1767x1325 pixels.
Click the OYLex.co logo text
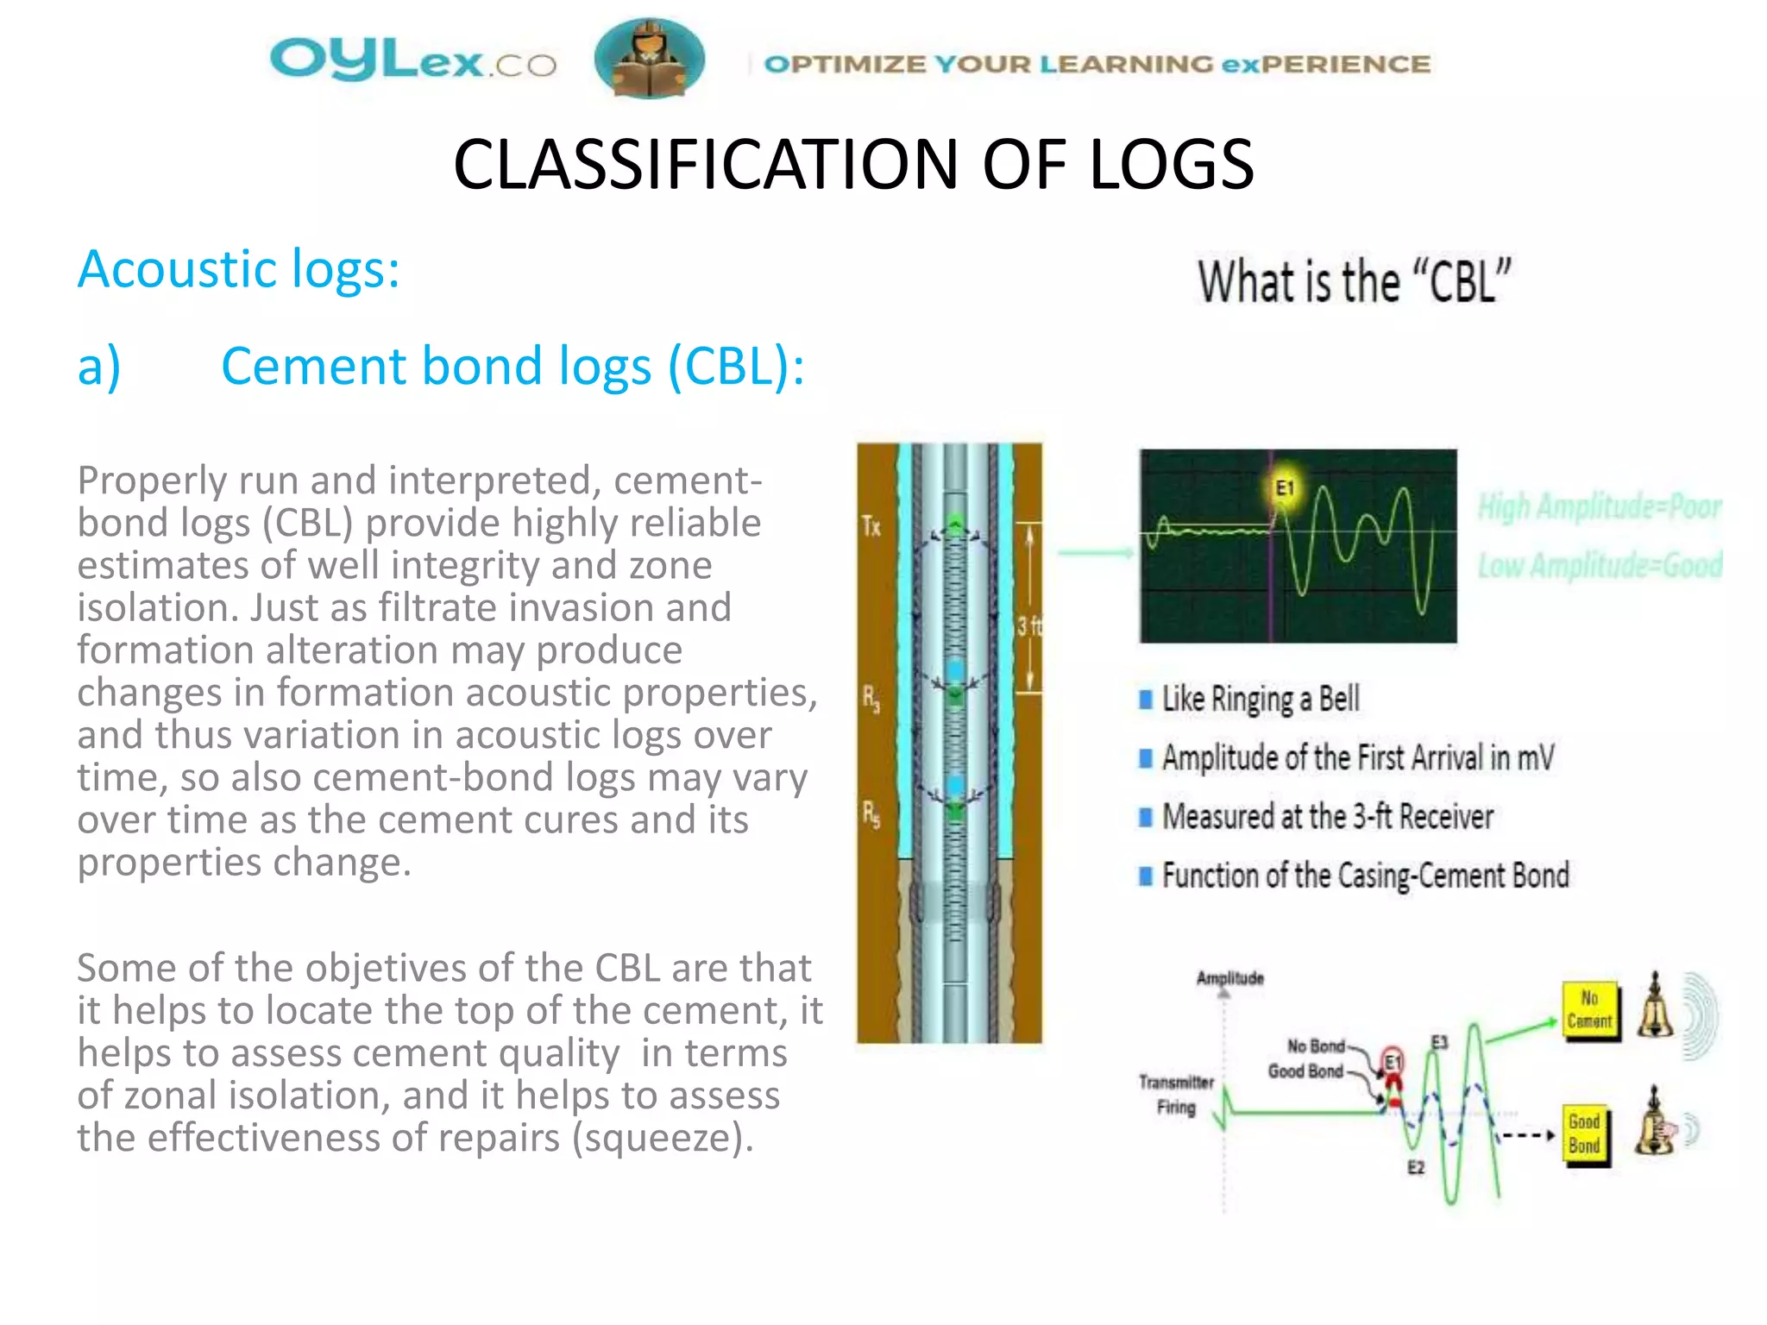[412, 61]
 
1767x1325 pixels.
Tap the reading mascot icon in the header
[649, 59]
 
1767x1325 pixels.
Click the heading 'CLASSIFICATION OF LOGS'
[852, 165]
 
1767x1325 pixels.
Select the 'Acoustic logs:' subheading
[238, 269]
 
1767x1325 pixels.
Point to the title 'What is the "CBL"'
[1354, 281]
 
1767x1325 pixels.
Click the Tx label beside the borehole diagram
[871, 526]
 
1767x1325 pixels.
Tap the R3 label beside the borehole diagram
[871, 698]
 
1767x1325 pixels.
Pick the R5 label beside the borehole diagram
[871, 813]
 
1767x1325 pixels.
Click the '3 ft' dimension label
[1028, 625]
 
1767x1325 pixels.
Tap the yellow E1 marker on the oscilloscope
[1285, 488]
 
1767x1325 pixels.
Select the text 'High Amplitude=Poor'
[1599, 506]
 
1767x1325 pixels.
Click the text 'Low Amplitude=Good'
[1599, 565]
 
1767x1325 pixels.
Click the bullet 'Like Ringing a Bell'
[1260, 699]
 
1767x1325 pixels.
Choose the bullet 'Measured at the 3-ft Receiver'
[1326, 816]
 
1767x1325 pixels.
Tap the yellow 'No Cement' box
[1589, 1010]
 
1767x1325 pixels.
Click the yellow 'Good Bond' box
[1584, 1134]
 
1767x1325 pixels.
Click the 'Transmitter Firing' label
[1176, 1094]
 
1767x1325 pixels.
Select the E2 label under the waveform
[1416, 1167]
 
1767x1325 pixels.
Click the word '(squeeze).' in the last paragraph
[663, 1138]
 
